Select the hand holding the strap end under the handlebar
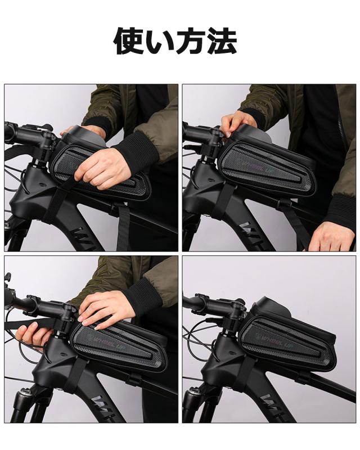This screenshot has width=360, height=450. click(34, 336)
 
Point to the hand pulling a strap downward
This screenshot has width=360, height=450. click(332, 236)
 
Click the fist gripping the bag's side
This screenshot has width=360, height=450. click(104, 168)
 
